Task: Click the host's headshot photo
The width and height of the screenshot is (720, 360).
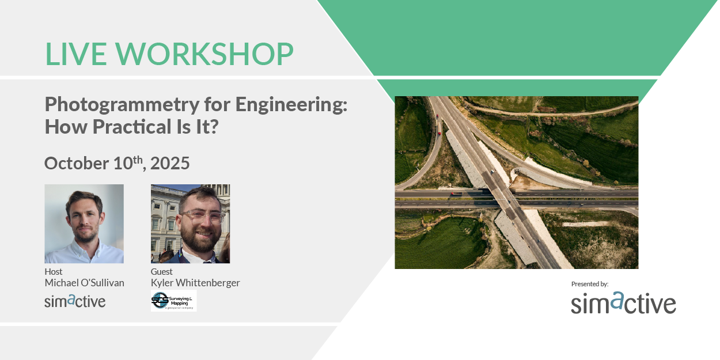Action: (84, 223)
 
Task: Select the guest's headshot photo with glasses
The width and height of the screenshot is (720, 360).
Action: (190, 223)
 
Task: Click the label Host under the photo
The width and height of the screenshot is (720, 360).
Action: (54, 271)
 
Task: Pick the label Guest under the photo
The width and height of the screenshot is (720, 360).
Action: (162, 271)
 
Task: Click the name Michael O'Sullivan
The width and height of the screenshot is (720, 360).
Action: (84, 282)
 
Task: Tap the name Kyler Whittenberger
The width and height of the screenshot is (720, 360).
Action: (195, 282)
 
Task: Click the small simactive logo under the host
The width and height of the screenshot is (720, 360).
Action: (75, 300)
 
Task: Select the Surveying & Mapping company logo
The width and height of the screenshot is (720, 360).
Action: (173, 301)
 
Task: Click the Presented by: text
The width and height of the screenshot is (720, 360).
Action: (590, 284)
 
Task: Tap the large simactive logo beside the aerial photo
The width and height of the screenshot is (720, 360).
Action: (623, 303)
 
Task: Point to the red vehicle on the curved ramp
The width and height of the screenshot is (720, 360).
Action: (439, 133)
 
